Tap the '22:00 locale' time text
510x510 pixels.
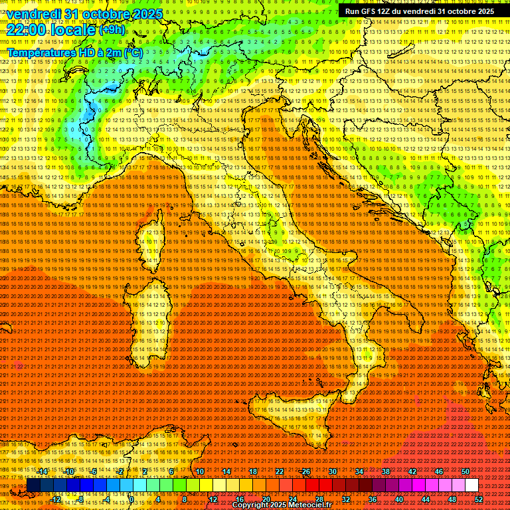[x=52, y=30]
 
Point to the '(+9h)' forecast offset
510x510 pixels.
[x=111, y=30]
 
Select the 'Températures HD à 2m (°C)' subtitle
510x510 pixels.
[x=74, y=52]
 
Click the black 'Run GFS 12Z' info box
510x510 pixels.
[x=418, y=11]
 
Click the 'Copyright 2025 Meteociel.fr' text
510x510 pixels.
[x=292, y=505]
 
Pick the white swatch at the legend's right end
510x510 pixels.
[x=471, y=485]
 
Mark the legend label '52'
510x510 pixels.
[x=479, y=499]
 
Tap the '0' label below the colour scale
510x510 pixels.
[x=131, y=499]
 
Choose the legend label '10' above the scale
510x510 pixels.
[x=199, y=471]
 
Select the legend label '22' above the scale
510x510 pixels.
[x=279, y=471]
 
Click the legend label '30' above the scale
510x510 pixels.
[x=332, y=471]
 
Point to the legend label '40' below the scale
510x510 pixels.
[x=399, y=499]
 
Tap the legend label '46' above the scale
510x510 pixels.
[x=438, y=471]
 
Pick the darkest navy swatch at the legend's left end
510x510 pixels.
[x=34, y=485]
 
